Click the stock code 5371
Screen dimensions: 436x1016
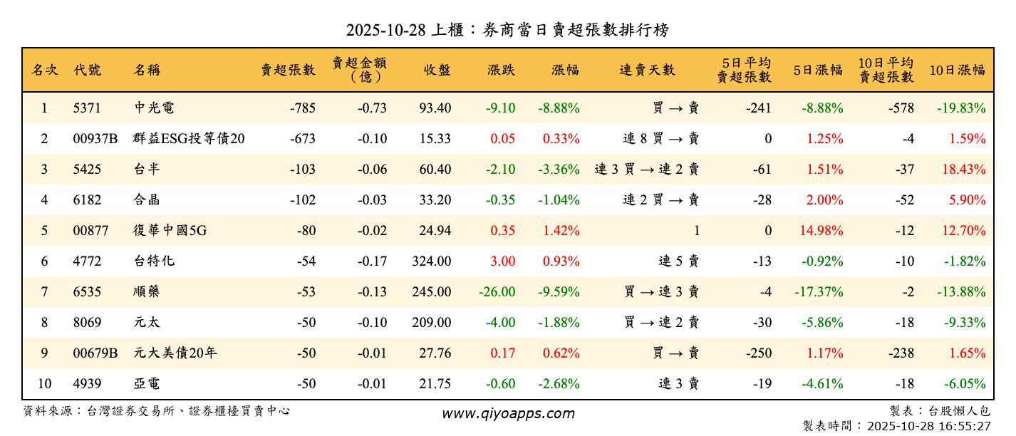(87, 108)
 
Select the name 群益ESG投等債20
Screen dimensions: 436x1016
(189, 139)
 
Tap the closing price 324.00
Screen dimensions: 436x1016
(431, 261)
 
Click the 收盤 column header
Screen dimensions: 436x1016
(437, 70)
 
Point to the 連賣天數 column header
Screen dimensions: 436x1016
(647, 70)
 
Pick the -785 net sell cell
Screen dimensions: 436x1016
(302, 108)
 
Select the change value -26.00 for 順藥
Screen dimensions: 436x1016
(496, 292)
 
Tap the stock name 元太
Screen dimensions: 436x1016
(147, 323)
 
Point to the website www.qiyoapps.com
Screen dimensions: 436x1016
(507, 413)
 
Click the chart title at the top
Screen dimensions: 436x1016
(507, 30)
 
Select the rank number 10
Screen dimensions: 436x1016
(44, 384)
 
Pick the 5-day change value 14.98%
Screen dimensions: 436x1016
(824, 231)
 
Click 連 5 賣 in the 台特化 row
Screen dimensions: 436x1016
(678, 261)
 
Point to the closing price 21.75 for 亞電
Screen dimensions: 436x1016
(435, 384)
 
